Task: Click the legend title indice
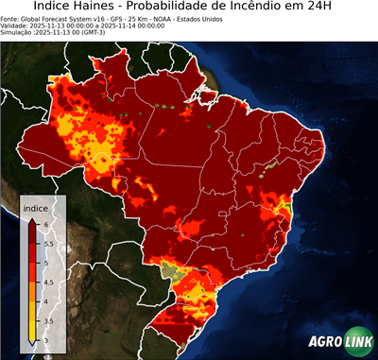tap(35, 207)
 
